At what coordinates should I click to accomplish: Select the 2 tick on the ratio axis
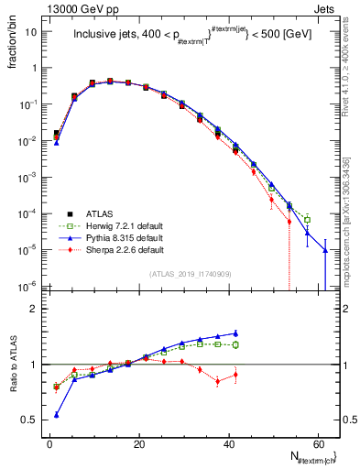point(35,309)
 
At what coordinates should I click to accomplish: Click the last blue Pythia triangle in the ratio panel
point(235,333)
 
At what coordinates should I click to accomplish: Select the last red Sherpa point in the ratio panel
point(235,375)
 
